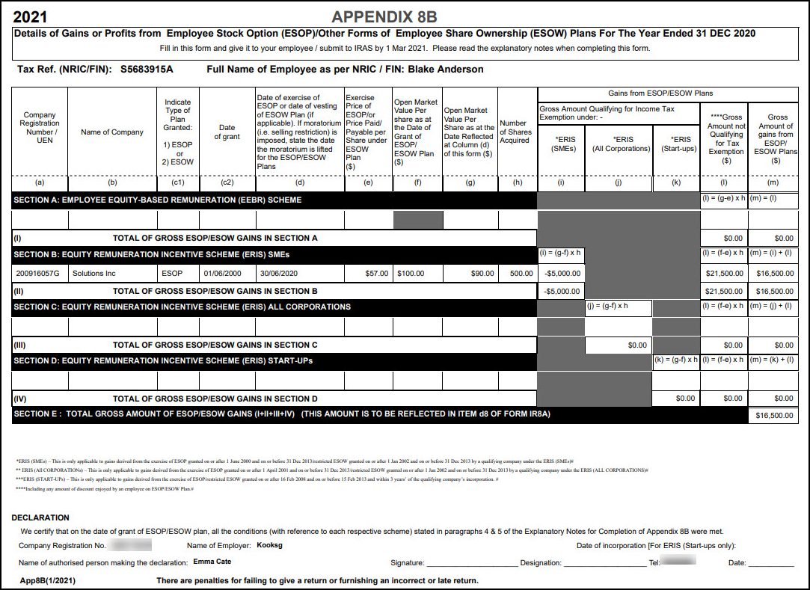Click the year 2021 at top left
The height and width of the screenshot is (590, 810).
click(30, 16)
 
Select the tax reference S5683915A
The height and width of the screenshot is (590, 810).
click(147, 70)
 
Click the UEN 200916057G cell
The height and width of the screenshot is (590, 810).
click(38, 274)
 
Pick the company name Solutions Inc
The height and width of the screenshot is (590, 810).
click(93, 274)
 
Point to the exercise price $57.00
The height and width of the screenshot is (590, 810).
click(376, 274)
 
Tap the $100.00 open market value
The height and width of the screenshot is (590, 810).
click(411, 274)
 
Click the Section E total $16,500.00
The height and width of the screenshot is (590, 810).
click(774, 416)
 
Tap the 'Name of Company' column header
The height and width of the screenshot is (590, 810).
click(112, 132)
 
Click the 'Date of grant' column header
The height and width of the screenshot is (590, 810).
click(227, 132)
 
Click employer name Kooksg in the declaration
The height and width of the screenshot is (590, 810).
click(269, 546)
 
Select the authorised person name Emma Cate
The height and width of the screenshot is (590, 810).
click(212, 562)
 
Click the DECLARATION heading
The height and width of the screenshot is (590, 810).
click(40, 517)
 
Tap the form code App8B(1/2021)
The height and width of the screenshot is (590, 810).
click(48, 580)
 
